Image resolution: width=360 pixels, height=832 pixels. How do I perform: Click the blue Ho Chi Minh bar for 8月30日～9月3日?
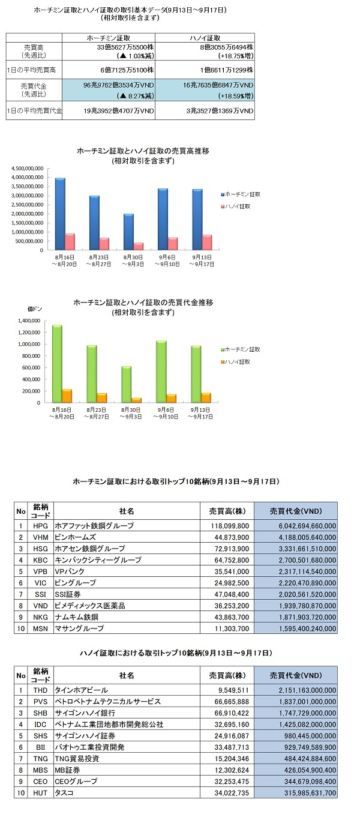pyautogui.click(x=128, y=232)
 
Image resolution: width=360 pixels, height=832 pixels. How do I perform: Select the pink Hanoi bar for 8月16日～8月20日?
pyautogui.click(x=70, y=242)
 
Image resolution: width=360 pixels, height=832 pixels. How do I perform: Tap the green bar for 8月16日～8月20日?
pyautogui.click(x=57, y=364)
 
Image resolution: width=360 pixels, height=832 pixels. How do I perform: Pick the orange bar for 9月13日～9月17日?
pyautogui.click(x=206, y=398)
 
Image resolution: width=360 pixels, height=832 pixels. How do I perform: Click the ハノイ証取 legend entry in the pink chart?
pyautogui.click(x=236, y=206)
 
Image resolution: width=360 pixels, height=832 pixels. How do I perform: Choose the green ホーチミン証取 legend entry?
pyautogui.click(x=240, y=349)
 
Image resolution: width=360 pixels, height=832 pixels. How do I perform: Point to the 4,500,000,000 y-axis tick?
pyautogui.click(x=28, y=169)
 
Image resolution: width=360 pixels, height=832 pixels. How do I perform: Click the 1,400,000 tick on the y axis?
pyautogui.click(x=29, y=321)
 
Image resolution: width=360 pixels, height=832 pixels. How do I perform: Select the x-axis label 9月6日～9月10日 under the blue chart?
pyautogui.click(x=167, y=261)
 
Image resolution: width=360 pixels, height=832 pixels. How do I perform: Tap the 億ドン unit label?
pyautogui.click(x=35, y=309)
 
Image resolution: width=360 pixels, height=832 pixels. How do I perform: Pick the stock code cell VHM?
pyautogui.click(x=40, y=537)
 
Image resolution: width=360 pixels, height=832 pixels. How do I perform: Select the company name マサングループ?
pyautogui.click(x=79, y=629)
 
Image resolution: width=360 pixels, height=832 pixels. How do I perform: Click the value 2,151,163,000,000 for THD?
pyautogui.click(x=307, y=690)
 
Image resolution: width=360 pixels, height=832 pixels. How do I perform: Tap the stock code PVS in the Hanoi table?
pyautogui.click(x=40, y=702)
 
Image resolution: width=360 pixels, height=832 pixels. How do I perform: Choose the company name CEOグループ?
pyautogui.click(x=76, y=782)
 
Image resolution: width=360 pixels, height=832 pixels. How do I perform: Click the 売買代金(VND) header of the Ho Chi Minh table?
pyautogui.click(x=296, y=511)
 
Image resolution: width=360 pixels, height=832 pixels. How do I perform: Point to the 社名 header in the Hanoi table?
pyautogui.click(x=127, y=676)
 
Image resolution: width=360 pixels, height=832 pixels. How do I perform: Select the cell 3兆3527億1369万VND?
pyautogui.click(x=220, y=110)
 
